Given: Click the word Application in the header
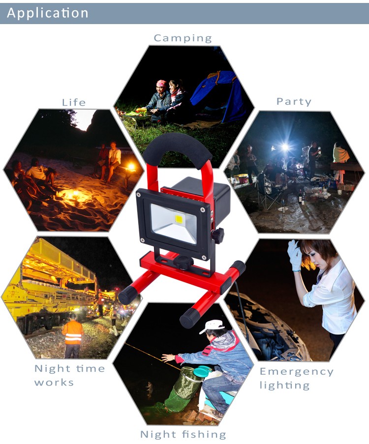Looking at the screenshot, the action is click(48, 13).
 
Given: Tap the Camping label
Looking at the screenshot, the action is click(183, 38).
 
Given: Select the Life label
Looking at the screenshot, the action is click(74, 102).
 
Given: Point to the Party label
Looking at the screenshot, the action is click(294, 102).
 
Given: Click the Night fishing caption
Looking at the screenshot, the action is click(183, 434).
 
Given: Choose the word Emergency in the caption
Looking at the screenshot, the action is click(297, 372).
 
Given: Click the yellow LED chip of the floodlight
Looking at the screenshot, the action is click(179, 219).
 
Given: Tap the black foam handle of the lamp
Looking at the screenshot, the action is click(178, 147).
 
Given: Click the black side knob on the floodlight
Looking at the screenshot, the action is click(217, 236).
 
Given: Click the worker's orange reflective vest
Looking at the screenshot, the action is click(73, 332).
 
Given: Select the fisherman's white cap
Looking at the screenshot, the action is click(212, 326).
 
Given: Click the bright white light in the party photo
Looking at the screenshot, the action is click(285, 147).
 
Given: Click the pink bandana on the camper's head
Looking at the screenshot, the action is click(161, 83).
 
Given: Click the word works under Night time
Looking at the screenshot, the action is click(54, 383).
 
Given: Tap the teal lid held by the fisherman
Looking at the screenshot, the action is click(202, 370).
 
